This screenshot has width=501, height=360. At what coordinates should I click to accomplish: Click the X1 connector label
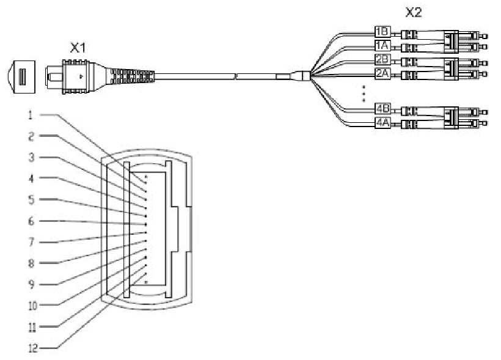[x=77, y=48]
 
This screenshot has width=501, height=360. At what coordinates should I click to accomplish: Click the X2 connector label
[x=414, y=12]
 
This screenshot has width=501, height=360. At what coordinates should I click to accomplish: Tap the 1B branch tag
[x=382, y=31]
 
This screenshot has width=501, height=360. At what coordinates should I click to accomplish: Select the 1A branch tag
[x=382, y=45]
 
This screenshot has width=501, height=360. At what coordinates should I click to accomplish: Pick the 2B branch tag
[x=382, y=59]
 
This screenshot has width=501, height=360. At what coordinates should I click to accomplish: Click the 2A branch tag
[x=382, y=73]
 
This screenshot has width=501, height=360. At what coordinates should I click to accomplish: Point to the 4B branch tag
[x=382, y=109]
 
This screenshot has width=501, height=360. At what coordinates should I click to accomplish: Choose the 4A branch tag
[x=382, y=123]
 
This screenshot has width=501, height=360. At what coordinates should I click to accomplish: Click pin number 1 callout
[x=30, y=114]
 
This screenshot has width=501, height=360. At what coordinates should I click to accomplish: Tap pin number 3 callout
[x=30, y=157]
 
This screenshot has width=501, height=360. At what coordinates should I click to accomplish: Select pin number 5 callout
[x=30, y=199]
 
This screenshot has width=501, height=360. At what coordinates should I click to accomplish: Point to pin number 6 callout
[x=30, y=221]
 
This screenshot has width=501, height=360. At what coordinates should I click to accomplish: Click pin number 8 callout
[x=30, y=263]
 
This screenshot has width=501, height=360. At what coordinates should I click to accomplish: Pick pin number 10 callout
[x=30, y=304]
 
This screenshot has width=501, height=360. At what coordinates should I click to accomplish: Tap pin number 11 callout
[x=30, y=326]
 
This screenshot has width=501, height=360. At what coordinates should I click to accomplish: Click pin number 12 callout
[x=30, y=348]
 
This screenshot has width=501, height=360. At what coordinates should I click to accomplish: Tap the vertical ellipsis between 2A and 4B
[x=363, y=92]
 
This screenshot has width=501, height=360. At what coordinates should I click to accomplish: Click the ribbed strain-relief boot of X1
[x=135, y=77]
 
